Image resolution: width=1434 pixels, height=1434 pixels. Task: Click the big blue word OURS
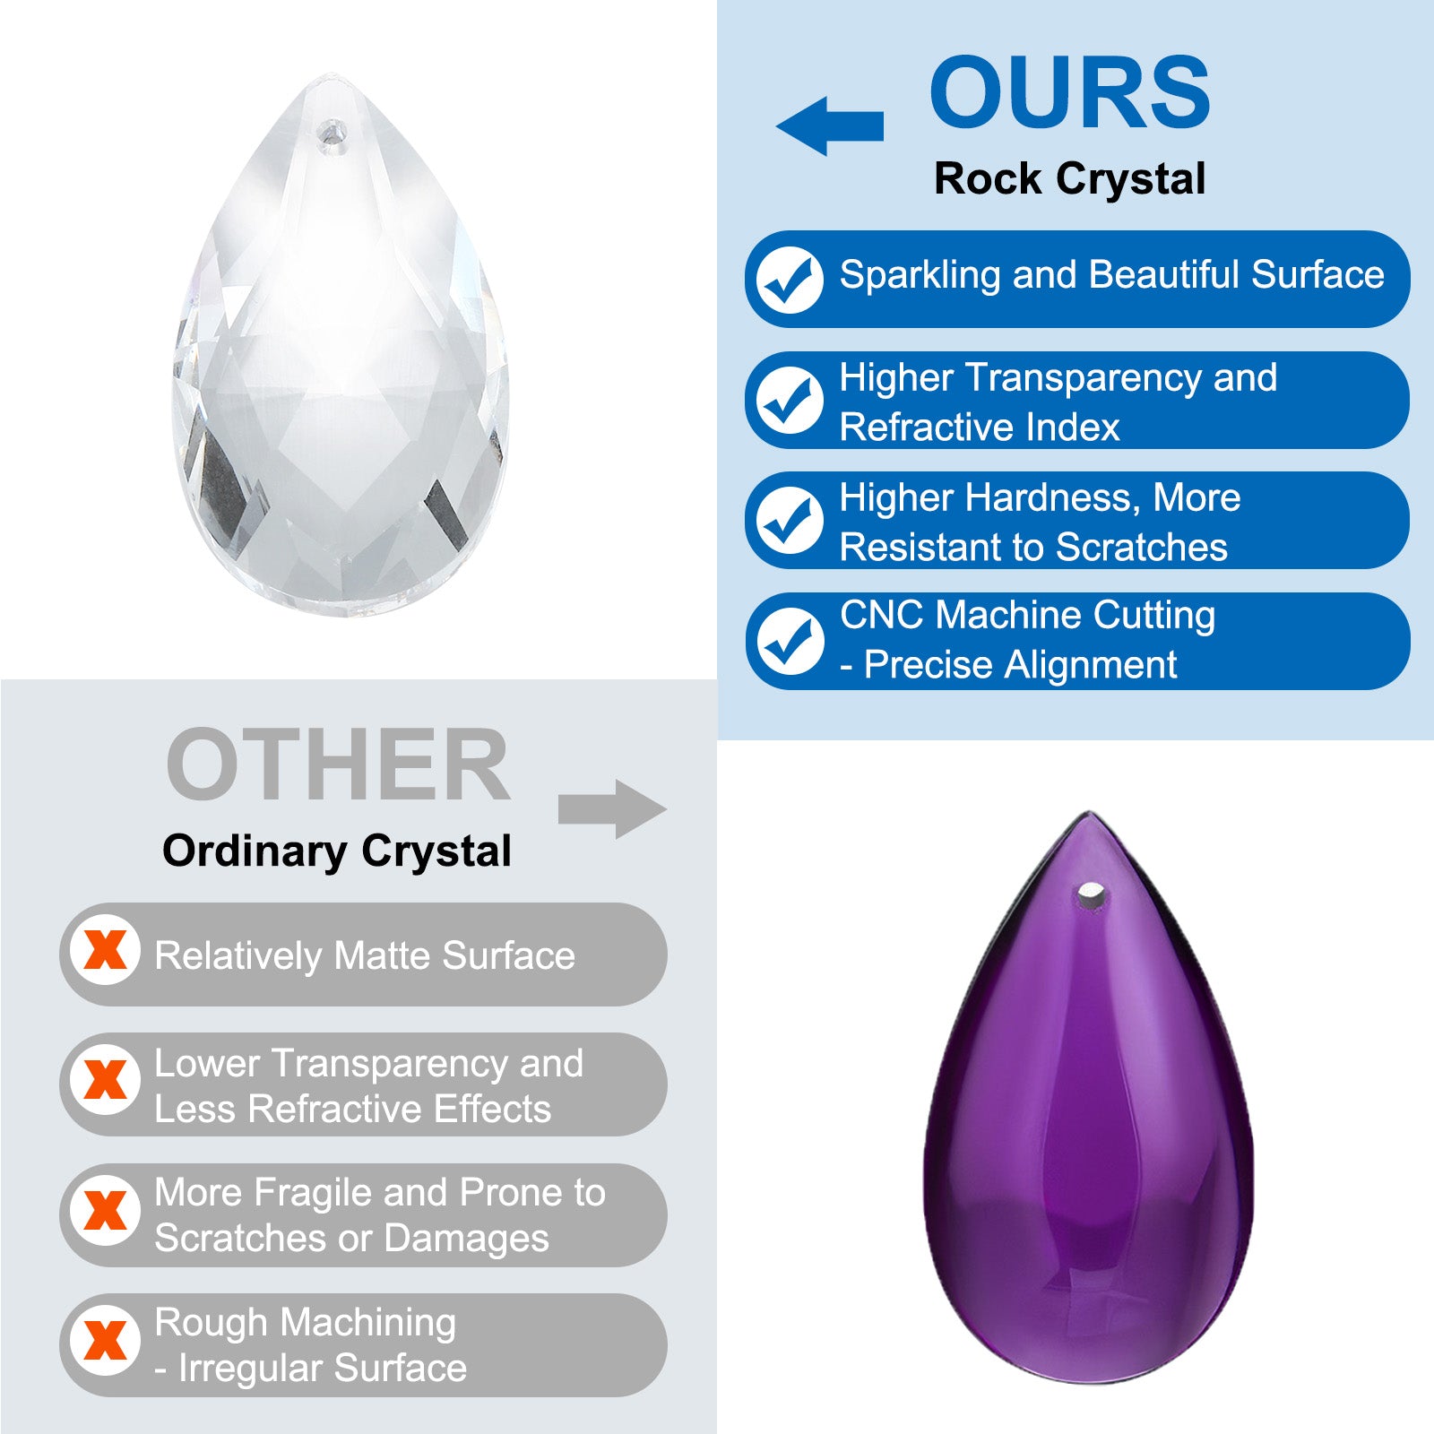click(1070, 91)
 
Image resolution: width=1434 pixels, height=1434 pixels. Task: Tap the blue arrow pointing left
click(830, 125)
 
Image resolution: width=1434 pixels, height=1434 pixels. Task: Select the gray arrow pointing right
click(613, 809)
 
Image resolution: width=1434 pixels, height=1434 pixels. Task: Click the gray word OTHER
click(338, 765)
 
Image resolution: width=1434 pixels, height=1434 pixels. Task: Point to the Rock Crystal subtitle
click(1069, 178)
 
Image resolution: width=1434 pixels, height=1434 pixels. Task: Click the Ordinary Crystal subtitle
click(336, 851)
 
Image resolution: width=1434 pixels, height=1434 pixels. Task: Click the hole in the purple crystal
click(1091, 893)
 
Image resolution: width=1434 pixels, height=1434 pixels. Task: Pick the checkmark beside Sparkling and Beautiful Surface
click(789, 280)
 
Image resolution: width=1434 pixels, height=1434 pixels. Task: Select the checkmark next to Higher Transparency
click(789, 400)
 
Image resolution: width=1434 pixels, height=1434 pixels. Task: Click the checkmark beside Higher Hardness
click(789, 520)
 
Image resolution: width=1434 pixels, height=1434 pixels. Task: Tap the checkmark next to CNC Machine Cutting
click(789, 641)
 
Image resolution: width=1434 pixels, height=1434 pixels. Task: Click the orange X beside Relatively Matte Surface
click(105, 950)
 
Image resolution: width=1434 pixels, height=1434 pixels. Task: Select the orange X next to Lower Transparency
click(105, 1080)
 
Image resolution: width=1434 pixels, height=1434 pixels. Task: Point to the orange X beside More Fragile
click(105, 1211)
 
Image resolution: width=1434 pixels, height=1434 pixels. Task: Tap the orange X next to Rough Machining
click(105, 1341)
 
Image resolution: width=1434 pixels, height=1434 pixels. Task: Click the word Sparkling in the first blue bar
click(920, 276)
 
